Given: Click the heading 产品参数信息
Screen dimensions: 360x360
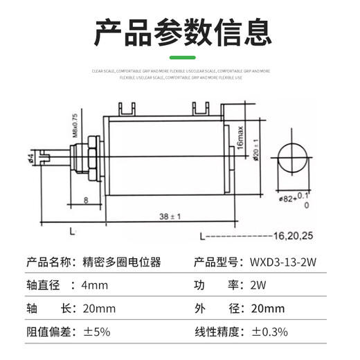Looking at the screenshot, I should tap(180, 31).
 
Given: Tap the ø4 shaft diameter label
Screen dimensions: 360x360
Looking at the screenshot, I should tap(31, 159).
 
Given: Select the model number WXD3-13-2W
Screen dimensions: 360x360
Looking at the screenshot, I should tap(279, 262).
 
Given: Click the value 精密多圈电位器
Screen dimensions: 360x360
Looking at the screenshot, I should tap(121, 262).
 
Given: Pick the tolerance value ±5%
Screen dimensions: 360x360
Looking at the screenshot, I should tap(96, 331).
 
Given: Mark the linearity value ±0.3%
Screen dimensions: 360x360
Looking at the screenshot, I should tap(271, 331).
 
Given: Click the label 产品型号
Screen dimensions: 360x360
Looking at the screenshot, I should tap(213, 262).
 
